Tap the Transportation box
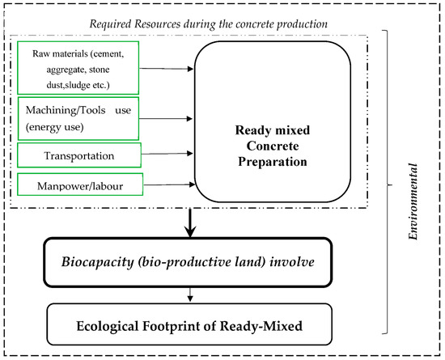[x=76, y=154]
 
